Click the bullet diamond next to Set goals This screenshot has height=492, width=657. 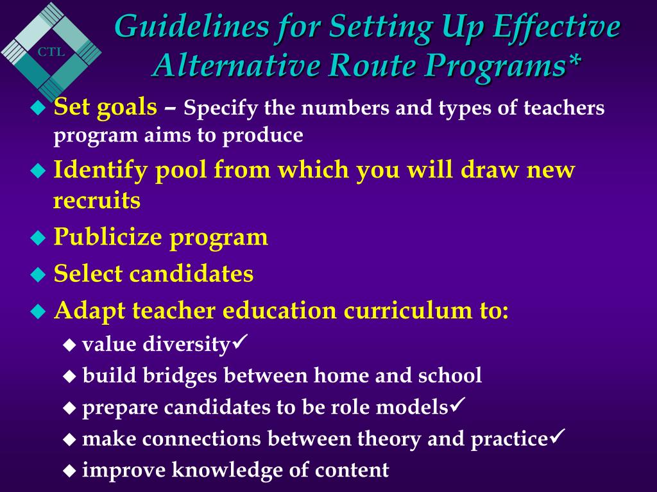pyautogui.click(x=39, y=108)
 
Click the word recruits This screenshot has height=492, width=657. pyautogui.click(x=97, y=201)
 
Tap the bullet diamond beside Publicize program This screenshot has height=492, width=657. pyautogui.click(x=39, y=238)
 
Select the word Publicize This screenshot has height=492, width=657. pyautogui.click(x=108, y=237)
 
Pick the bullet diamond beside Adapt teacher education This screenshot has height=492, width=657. pyautogui.click(x=39, y=313)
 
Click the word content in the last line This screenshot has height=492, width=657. pyautogui.click(x=352, y=470)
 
